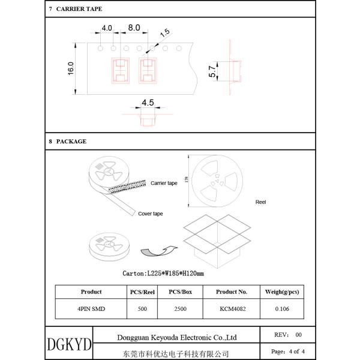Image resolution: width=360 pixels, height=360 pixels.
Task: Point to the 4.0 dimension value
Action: [107, 28]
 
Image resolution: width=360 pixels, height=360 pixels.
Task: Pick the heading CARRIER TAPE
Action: [79, 10]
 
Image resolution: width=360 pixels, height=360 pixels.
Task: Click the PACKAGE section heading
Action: [71, 142]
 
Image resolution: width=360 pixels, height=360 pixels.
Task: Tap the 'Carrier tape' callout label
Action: [164, 183]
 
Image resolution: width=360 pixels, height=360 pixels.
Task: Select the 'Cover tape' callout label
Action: [151, 214]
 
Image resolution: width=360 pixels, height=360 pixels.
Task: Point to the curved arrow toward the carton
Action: [159, 248]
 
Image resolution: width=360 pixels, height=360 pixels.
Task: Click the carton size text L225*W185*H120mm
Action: [163, 273]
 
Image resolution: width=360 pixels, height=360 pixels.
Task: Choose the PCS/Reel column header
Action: [143, 292]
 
